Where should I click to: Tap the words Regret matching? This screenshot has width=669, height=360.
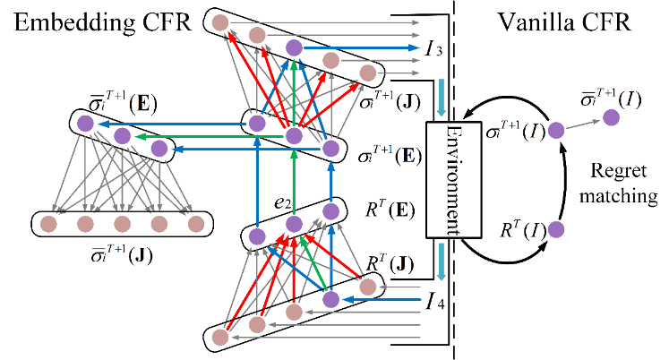pyautogui.click(x=618, y=183)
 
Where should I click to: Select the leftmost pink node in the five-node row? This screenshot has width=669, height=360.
pyautogui.click(x=47, y=222)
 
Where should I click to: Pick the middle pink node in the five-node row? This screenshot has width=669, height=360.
pyautogui.click(x=123, y=222)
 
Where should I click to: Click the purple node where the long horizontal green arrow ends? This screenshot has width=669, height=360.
pyautogui.click(x=123, y=136)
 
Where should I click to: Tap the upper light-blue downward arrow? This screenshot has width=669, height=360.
pyautogui.click(x=440, y=98)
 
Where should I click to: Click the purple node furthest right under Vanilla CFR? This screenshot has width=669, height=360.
pyautogui.click(x=613, y=116)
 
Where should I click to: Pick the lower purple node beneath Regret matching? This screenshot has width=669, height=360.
pyautogui.click(x=555, y=229)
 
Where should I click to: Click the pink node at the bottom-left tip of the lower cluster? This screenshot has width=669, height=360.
pyautogui.click(x=219, y=338)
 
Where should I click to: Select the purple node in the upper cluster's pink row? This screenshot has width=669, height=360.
pyautogui.click(x=294, y=47)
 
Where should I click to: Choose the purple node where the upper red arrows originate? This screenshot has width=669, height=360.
pyautogui.click(x=294, y=136)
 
